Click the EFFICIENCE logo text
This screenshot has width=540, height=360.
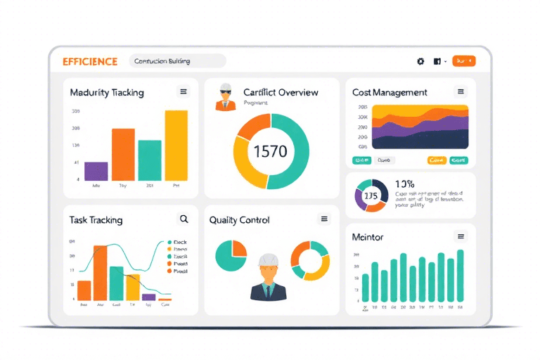89,61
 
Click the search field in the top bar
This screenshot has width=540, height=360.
178,61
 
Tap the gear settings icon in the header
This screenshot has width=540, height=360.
420,61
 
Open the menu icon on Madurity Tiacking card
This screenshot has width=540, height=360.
184,92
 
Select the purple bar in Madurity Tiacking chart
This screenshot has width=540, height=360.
96,171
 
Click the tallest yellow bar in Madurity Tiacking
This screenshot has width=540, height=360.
176,146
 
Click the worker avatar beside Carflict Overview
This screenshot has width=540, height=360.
225,97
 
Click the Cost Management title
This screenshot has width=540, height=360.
390,92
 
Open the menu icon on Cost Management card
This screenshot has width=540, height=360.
461,92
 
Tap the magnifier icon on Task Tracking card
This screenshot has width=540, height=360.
184,219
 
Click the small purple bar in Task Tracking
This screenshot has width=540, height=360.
148,297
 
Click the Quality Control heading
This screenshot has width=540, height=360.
239,220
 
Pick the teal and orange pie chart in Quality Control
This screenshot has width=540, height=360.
231,255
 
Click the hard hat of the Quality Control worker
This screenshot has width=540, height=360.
268,260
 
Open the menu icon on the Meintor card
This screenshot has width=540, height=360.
461,237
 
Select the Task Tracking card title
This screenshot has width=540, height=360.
96,220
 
